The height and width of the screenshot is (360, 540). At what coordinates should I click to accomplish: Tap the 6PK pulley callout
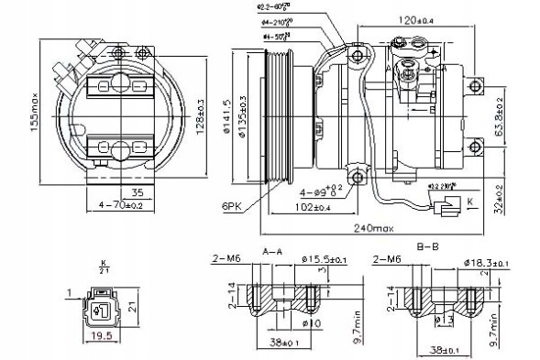231,205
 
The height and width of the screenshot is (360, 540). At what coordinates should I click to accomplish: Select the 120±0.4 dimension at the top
420,16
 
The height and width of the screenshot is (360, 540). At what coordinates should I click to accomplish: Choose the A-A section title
272,249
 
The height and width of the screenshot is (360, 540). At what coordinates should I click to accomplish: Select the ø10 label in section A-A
313,323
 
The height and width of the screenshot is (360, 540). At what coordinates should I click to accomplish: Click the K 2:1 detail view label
103,268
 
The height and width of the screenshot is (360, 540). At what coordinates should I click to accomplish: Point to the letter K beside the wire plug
468,198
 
